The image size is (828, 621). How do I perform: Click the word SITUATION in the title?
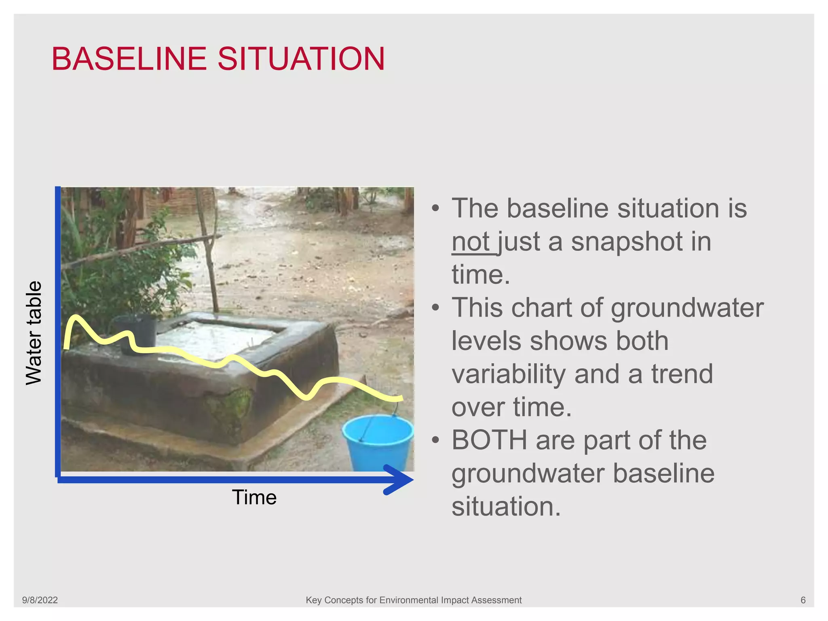pyautogui.click(x=301, y=59)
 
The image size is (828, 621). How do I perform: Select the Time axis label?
pyautogui.click(x=254, y=497)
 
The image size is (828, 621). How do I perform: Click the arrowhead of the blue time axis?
pyautogui.click(x=400, y=479)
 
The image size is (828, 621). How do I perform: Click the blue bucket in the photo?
pyautogui.click(x=378, y=443)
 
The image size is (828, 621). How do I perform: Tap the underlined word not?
pyautogui.click(x=471, y=242)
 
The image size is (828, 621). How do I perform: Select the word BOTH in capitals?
pyautogui.click(x=489, y=440)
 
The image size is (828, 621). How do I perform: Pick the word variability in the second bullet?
pyautogui.click(x=509, y=374)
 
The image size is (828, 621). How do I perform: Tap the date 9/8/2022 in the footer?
pyautogui.click(x=40, y=600)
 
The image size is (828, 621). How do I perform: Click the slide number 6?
pyautogui.click(x=803, y=600)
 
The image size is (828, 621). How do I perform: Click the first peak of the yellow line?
pyautogui.click(x=75, y=317)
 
